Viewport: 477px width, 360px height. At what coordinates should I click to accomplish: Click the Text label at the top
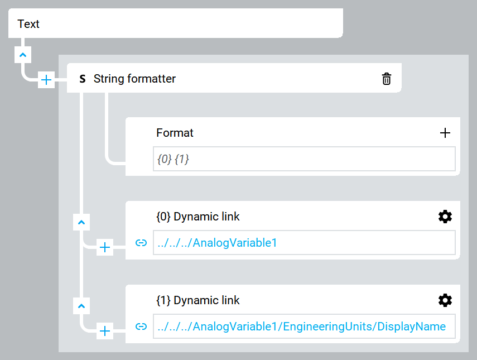28,24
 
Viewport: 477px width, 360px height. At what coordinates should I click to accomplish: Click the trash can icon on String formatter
387,79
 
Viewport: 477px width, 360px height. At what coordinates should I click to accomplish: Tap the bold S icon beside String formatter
83,79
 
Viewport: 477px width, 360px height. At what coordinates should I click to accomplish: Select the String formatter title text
134,79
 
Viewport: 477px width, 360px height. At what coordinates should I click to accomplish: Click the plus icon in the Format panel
445,133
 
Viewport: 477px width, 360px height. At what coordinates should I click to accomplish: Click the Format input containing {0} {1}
304,159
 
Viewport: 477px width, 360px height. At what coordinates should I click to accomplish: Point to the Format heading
175,133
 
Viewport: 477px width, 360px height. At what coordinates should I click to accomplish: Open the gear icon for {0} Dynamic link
445,217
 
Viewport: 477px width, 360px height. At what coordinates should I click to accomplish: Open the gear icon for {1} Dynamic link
445,300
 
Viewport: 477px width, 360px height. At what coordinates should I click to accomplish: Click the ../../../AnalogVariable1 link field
304,243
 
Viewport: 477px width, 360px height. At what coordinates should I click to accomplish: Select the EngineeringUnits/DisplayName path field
304,326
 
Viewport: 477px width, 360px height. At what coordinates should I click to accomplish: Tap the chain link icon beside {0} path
141,243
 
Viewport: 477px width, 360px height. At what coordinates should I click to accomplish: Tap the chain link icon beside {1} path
141,326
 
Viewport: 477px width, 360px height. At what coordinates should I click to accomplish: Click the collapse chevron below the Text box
23,55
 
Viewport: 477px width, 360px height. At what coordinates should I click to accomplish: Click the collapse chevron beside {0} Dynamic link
81,222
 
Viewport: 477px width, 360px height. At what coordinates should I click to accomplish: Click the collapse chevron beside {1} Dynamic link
81,306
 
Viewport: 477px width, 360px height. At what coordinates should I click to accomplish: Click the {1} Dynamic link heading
197,300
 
